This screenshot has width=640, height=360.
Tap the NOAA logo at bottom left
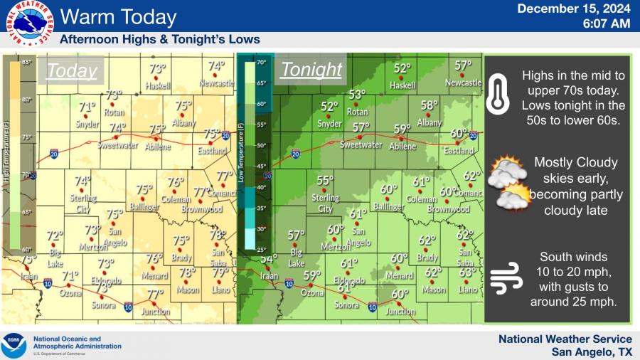[x=14, y=346]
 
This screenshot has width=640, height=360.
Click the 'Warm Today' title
[x=118, y=16]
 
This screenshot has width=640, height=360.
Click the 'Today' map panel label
[x=71, y=70]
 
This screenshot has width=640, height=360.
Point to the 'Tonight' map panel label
[x=311, y=70]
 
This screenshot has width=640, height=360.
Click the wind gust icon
[x=506, y=277]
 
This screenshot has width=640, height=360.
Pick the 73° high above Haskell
[x=157, y=69]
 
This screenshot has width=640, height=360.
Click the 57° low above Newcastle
[x=463, y=65]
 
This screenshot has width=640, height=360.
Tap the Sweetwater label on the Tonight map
[x=361, y=144]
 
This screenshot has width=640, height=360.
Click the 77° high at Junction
[x=155, y=294]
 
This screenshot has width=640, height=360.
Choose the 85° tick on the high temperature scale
[x=27, y=63]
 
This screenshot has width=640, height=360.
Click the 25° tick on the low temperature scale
[x=261, y=250]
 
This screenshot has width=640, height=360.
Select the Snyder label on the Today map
[x=87, y=125]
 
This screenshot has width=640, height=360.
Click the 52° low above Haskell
[x=402, y=69]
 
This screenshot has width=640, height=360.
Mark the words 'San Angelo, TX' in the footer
[x=592, y=352]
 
